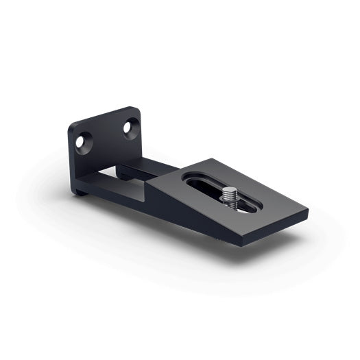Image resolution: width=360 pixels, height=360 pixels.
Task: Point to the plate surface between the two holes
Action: (x=106, y=137)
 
